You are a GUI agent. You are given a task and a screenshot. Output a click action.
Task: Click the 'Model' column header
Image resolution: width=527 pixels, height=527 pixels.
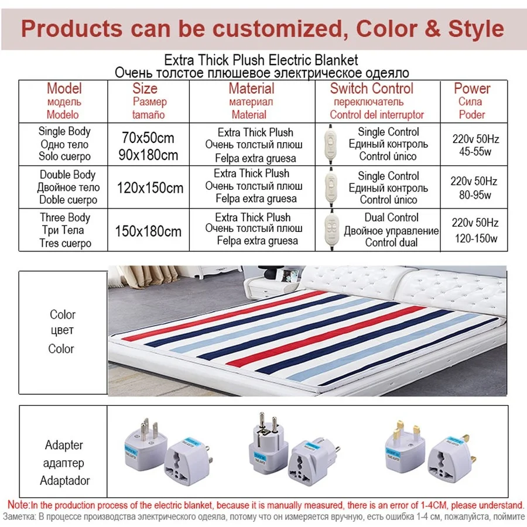64,89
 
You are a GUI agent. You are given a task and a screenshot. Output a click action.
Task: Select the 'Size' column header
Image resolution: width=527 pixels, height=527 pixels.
145,89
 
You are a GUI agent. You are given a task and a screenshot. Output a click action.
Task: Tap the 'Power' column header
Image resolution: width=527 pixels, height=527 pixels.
471,89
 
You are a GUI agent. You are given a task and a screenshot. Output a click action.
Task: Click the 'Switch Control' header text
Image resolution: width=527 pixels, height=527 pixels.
372,89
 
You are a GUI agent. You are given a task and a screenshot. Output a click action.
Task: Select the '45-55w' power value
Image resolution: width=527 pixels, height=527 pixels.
475,152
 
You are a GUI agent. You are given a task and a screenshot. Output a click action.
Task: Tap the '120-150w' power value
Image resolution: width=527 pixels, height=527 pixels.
475,238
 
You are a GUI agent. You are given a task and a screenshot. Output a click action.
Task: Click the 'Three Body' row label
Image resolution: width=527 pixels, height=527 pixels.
65,218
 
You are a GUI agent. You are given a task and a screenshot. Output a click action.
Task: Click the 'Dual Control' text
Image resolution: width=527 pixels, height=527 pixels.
391,218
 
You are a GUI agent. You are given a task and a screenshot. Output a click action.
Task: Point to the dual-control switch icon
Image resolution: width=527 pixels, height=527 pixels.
331,230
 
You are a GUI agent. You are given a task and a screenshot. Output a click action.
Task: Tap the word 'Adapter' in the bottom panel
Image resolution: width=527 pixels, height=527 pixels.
64,445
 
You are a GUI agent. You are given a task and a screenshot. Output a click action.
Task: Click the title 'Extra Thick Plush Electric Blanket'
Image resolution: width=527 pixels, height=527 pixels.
261,60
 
